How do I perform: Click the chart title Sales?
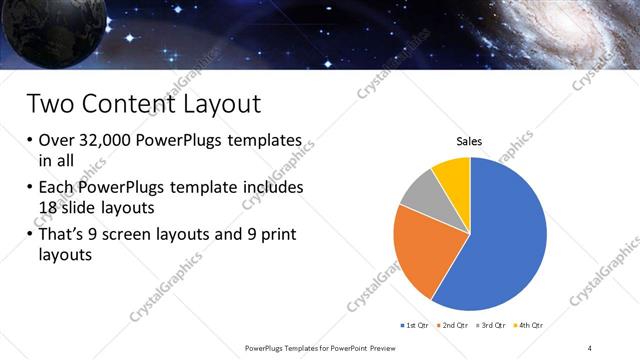point(470,142)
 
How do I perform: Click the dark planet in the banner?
point(40,30)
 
